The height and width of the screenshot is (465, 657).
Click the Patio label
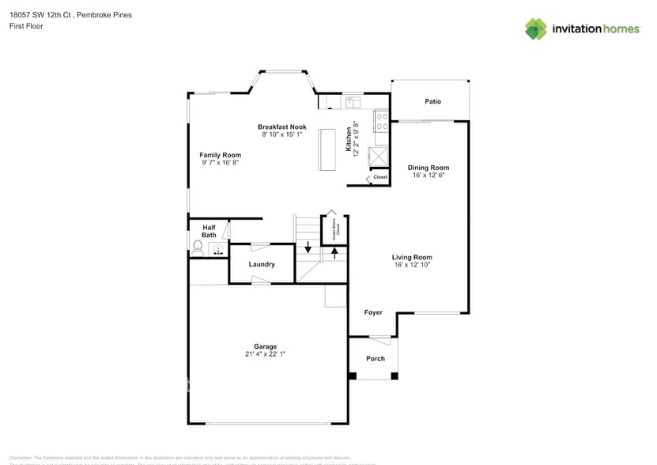pyautogui.click(x=432, y=101)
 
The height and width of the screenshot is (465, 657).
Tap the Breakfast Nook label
pyautogui.click(x=281, y=127)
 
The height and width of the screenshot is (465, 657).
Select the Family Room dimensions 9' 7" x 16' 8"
pyautogui.click(x=220, y=163)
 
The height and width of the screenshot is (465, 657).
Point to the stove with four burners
pyautogui.click(x=380, y=120)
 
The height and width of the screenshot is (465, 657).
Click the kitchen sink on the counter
pyautogui.click(x=353, y=100)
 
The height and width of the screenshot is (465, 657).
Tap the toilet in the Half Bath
pyautogui.click(x=198, y=249)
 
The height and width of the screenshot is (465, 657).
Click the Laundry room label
pyautogui.click(x=262, y=264)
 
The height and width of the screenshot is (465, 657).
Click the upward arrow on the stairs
pyautogui.click(x=334, y=252)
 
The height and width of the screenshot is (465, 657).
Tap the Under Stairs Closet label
pyautogui.click(x=335, y=230)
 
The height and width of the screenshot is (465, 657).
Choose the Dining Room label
pyautogui.click(x=428, y=168)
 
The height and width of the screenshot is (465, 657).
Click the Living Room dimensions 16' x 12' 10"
pyautogui.click(x=412, y=266)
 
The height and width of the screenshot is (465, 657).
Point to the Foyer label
pyautogui.click(x=373, y=312)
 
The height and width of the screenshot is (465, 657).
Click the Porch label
pyautogui.click(x=376, y=358)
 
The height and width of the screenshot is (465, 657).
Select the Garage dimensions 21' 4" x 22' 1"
pyautogui.click(x=265, y=354)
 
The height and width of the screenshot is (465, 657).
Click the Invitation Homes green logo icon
pyautogui.click(x=536, y=28)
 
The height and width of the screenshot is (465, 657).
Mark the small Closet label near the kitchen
pyautogui.click(x=380, y=177)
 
